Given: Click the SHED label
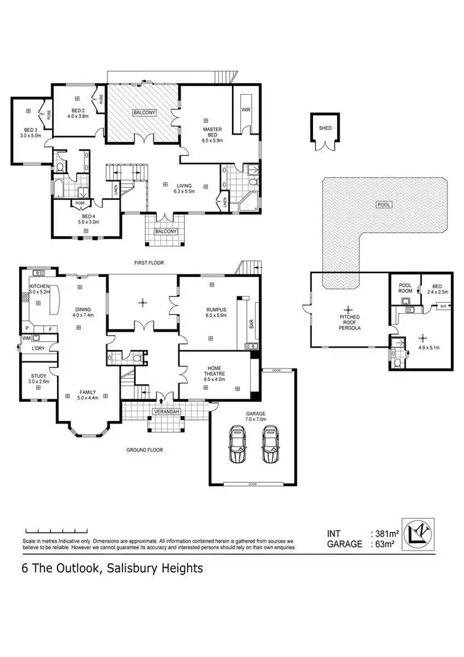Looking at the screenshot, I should click(x=325, y=128).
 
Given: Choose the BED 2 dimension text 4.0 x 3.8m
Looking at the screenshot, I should click(x=78, y=116).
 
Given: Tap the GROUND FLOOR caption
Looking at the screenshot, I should click(x=145, y=450).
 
